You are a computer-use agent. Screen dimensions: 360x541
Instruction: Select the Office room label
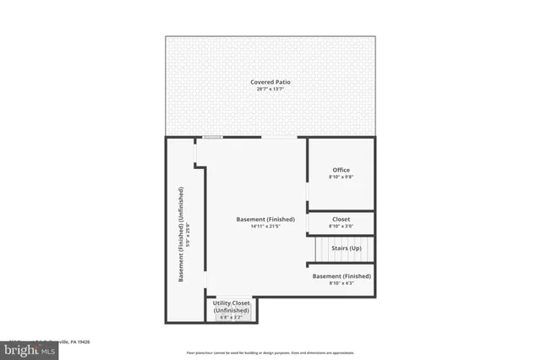[x=340, y=170]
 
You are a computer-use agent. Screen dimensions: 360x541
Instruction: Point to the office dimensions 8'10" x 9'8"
[x=340, y=177]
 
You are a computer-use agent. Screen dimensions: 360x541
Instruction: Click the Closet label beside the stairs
[x=341, y=219]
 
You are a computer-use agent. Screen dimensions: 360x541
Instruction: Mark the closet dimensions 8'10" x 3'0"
[x=341, y=226]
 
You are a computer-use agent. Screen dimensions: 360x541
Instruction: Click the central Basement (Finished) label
[x=265, y=220]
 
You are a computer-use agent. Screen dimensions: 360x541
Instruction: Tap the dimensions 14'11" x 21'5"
[x=265, y=226]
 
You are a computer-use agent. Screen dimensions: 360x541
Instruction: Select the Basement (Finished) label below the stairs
[x=342, y=276]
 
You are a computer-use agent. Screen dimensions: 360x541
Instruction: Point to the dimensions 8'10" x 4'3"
[x=342, y=283]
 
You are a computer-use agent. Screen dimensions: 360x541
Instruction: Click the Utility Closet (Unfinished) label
[x=231, y=306]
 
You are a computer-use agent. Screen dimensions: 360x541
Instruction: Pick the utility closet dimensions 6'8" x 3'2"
[x=231, y=318]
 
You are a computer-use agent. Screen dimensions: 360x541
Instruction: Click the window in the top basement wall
[x=212, y=138]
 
